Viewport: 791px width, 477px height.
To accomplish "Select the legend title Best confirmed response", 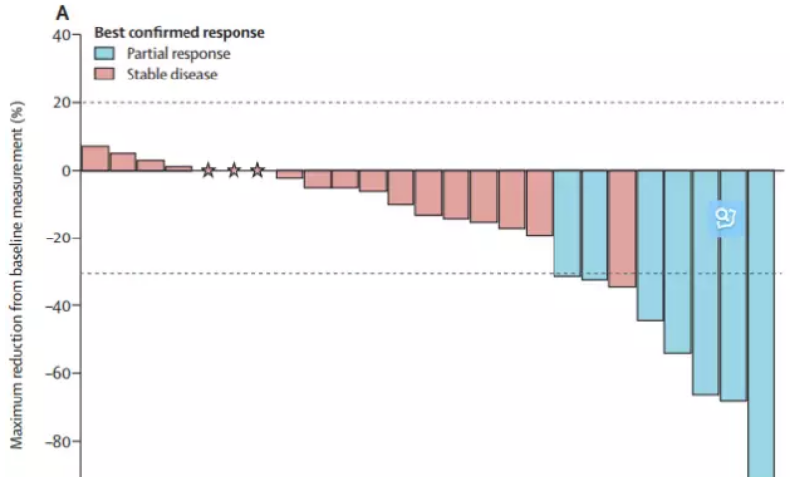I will point(179,33).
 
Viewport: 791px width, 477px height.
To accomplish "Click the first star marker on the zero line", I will point(208,171).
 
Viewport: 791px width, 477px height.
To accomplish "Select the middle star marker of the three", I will point(234,171).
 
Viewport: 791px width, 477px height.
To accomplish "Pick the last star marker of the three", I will point(257,171).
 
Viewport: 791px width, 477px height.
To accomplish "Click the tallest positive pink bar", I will point(95,158).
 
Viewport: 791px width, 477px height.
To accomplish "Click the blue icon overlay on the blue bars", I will point(727,218).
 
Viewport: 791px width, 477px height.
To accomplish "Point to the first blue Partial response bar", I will point(566,223).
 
